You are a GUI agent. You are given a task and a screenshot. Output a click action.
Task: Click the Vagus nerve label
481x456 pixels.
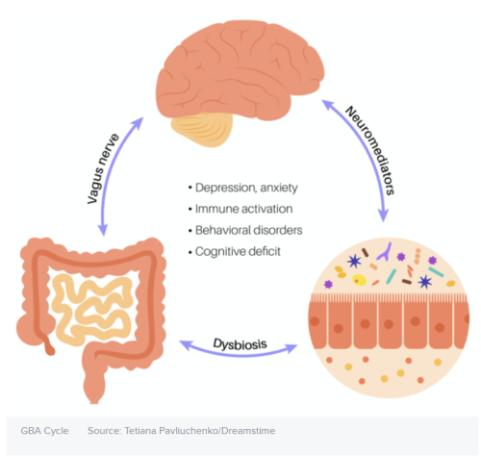click(x=103, y=169)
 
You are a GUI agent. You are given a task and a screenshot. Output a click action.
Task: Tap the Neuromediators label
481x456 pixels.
click(x=370, y=150)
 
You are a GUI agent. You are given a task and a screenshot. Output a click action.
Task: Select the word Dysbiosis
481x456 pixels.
click(x=240, y=344)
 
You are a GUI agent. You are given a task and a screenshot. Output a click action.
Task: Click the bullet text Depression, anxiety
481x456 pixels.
click(x=246, y=188)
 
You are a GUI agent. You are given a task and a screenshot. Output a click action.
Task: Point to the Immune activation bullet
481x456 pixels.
click(x=243, y=209)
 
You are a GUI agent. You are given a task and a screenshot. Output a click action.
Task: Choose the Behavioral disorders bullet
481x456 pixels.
click(x=248, y=230)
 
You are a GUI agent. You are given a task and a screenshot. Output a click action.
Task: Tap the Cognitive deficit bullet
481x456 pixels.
click(x=238, y=251)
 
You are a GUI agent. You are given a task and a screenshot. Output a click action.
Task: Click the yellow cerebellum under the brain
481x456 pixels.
click(x=202, y=129)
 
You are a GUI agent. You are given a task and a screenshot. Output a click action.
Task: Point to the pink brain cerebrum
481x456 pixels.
click(x=240, y=69)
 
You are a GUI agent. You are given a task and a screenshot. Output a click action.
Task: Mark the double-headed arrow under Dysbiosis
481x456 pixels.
click(x=239, y=354)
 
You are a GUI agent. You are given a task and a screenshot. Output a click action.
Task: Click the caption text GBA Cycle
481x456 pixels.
click(x=44, y=431)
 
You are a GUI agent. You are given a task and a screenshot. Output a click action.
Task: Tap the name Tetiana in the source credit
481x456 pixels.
click(x=140, y=431)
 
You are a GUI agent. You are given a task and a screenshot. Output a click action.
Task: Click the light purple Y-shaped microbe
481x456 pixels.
click(x=385, y=252)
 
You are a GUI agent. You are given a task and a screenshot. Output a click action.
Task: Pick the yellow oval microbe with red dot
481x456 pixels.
click(x=360, y=280)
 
